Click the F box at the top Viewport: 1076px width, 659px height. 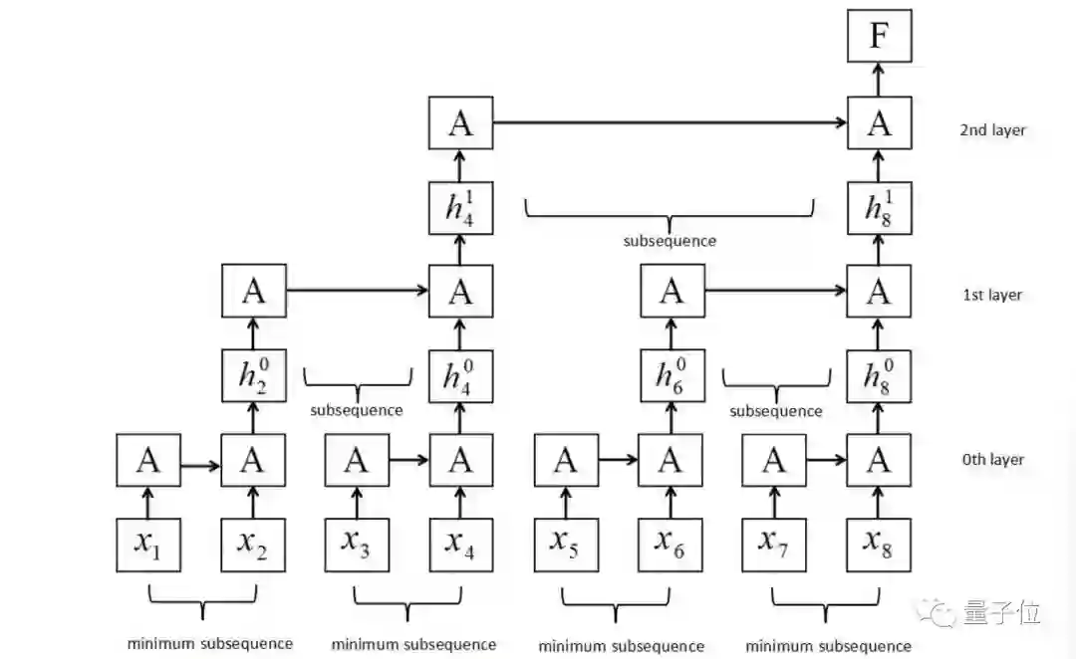pos(879,37)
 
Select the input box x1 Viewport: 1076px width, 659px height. pos(148,545)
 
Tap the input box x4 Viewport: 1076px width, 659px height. pos(460,545)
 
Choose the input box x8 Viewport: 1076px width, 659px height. pos(879,545)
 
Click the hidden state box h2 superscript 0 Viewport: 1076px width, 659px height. pos(253,375)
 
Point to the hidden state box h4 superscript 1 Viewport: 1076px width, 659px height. pos(460,207)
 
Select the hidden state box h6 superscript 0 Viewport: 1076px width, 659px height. pos(672,375)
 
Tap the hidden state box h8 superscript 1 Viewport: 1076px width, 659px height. pos(879,207)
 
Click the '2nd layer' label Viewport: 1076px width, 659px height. pos(992,129)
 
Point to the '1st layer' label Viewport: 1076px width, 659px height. pos(992,295)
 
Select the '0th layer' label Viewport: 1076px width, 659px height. pos(993,460)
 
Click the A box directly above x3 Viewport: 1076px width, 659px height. pos(357,461)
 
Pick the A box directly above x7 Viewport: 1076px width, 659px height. pos(774,461)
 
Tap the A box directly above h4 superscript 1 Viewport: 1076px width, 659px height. pos(460,123)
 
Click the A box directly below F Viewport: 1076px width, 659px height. pos(879,123)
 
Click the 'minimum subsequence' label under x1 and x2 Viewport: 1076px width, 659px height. pos(210,643)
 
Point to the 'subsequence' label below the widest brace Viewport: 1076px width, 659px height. pos(670,241)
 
